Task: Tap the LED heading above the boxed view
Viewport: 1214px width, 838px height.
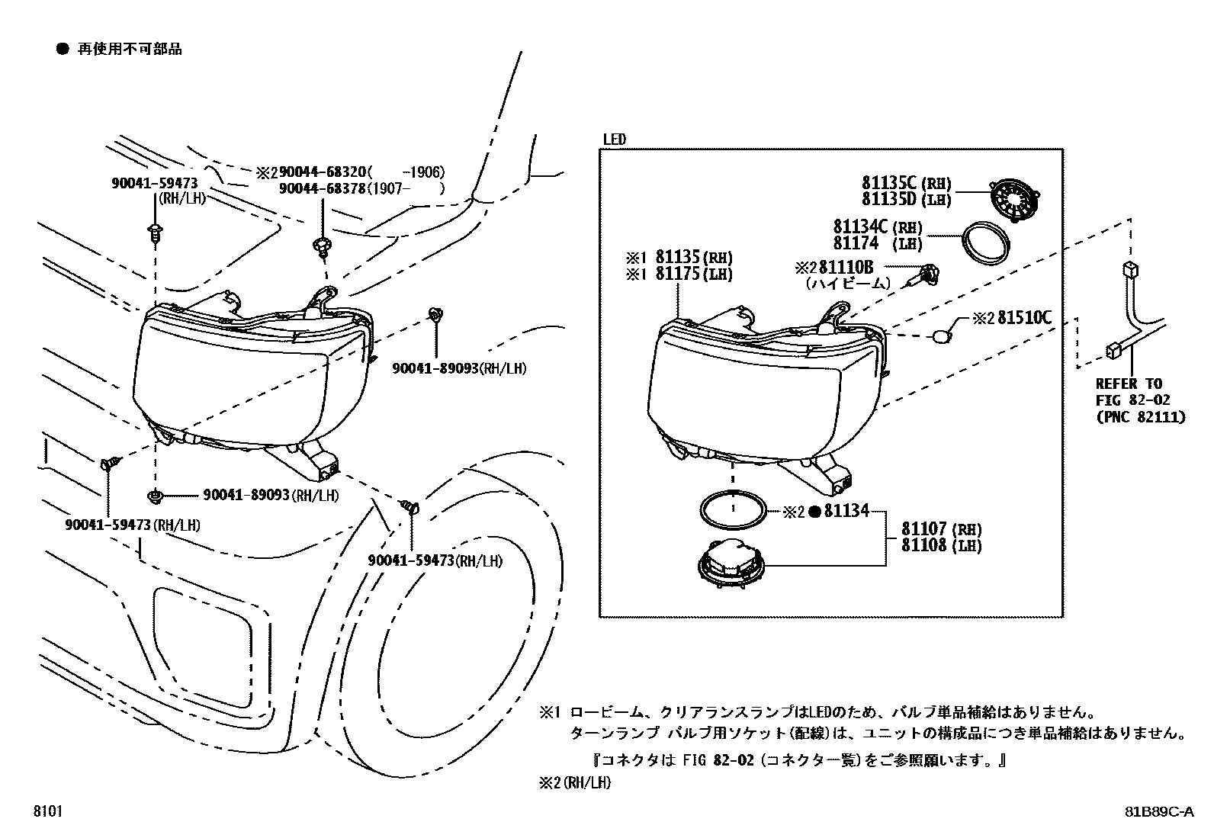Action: pos(615,140)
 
